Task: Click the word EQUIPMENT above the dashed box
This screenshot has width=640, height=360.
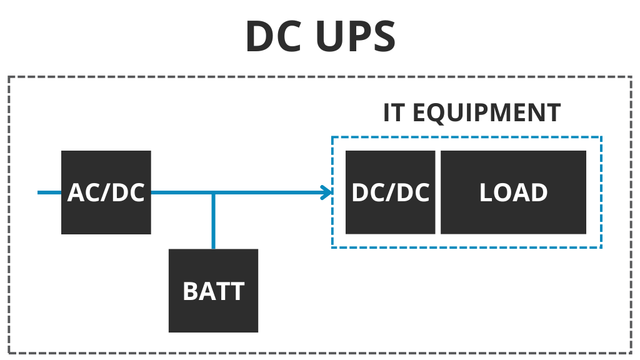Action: (486, 112)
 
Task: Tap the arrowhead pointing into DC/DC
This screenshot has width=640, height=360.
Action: (326, 192)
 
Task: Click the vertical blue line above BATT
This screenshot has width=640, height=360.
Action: (213, 222)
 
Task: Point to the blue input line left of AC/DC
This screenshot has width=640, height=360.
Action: (49, 192)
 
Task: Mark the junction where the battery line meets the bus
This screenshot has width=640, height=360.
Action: (213, 192)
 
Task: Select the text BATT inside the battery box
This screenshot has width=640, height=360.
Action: (213, 291)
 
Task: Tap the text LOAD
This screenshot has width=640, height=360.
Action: (514, 192)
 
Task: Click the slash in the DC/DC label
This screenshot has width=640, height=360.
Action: (391, 192)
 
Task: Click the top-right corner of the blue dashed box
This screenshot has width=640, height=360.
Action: (601, 137)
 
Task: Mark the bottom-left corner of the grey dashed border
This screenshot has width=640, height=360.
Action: (9, 353)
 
